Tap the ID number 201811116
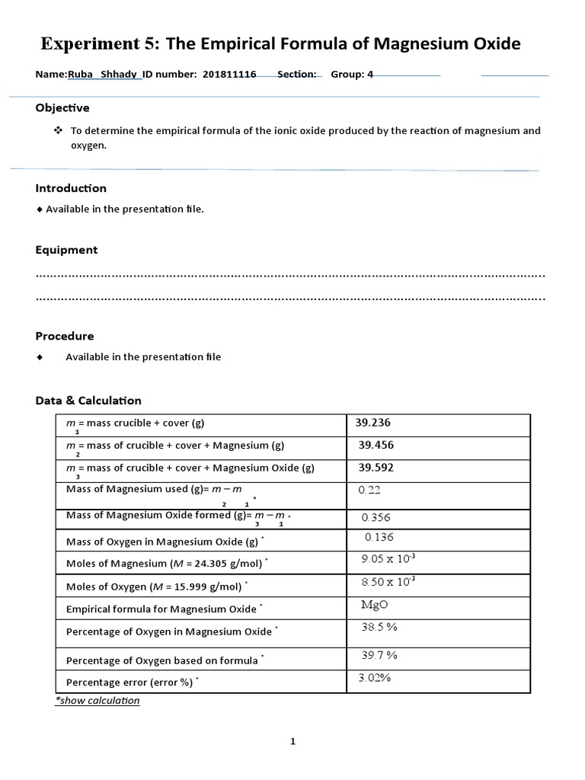[229, 75]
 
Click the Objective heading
[62, 108]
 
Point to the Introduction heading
[71, 188]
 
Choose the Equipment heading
[66, 250]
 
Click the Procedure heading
[65, 336]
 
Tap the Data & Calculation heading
[88, 401]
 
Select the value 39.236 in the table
[373, 423]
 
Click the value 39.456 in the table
[376, 446]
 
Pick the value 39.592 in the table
[376, 468]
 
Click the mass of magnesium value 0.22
[369, 491]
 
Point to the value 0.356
[376, 518]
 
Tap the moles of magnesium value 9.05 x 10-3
[388, 560]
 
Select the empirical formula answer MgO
[374, 606]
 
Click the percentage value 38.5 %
[379, 628]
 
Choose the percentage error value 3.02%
[374, 678]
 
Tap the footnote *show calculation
[97, 701]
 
